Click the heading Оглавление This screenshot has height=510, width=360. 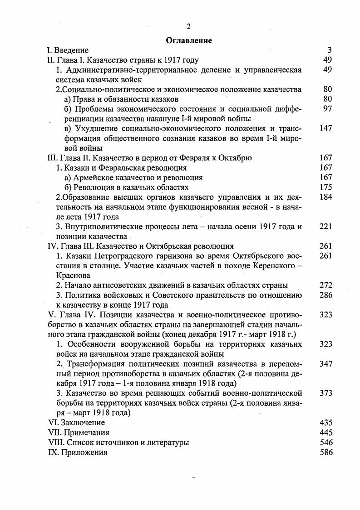(x=189, y=40)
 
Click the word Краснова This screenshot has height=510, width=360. (x=72, y=275)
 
